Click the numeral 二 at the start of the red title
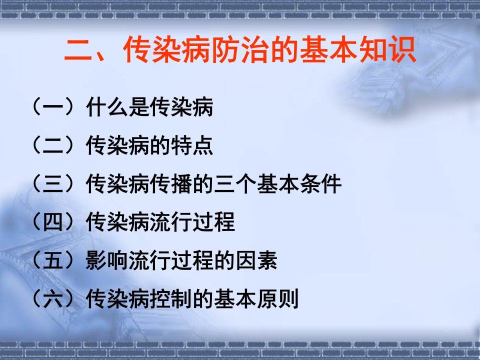tap(78, 49)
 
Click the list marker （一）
tap(53, 106)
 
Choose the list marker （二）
tap(53, 145)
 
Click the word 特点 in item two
tap(192, 145)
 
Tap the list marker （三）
tap(53, 183)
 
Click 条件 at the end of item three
tap(320, 183)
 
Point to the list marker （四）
tap(53, 221)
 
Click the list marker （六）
tap(53, 298)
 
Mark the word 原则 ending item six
tap(277, 298)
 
